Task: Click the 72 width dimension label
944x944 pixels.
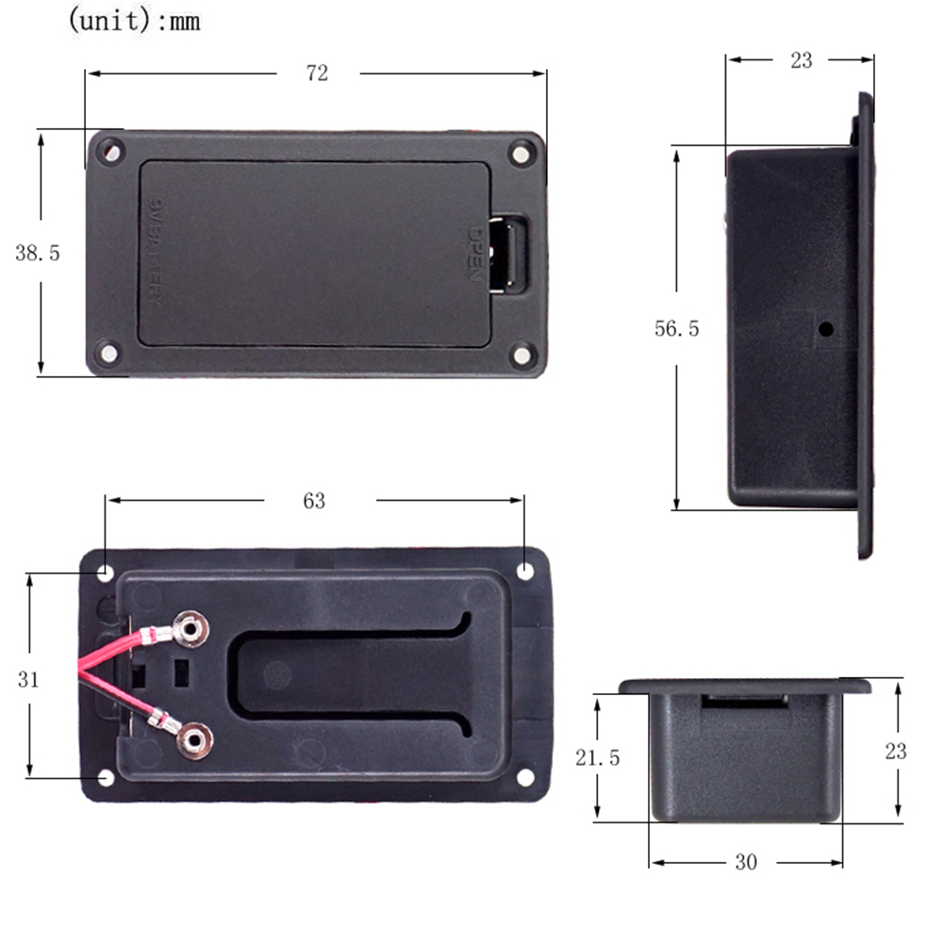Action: [317, 73]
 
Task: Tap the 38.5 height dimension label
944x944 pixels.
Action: [37, 253]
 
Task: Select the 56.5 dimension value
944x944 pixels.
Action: [676, 329]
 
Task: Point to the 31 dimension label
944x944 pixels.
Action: [28, 678]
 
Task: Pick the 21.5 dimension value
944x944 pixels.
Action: [597, 757]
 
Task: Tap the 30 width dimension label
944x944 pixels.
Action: [745, 862]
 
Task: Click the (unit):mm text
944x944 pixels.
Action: [133, 21]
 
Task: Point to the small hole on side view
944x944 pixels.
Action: [826, 330]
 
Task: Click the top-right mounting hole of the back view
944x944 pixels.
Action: [524, 571]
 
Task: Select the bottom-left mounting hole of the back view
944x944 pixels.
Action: [106, 777]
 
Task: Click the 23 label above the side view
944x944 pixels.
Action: [800, 60]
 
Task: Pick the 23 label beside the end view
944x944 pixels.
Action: [895, 751]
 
